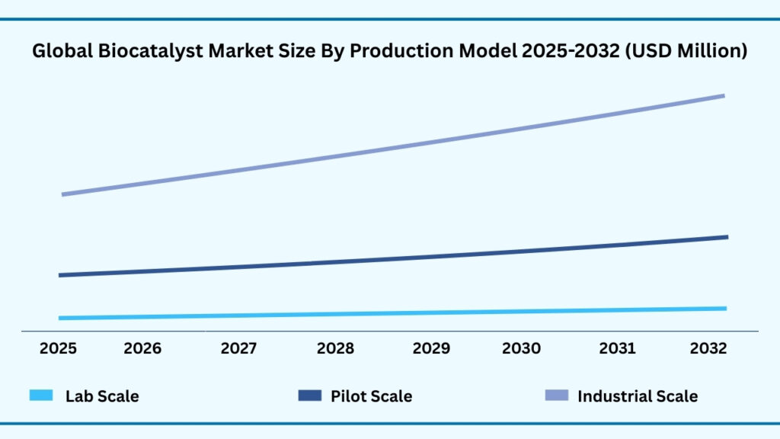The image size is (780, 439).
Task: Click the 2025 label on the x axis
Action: [58, 348]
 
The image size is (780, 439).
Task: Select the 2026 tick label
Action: [142, 348]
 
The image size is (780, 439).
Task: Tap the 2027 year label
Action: [239, 348]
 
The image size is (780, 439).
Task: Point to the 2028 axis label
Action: [335, 348]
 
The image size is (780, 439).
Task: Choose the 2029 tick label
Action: [431, 348]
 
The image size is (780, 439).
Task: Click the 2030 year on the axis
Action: [521, 348]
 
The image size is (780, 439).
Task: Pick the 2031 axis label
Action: [617, 348]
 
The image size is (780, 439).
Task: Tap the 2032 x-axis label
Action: [708, 348]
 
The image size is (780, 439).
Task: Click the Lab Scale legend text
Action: [102, 396]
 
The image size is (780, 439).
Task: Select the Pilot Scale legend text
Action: [371, 396]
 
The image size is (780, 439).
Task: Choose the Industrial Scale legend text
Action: [638, 396]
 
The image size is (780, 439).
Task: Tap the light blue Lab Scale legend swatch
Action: [41, 396]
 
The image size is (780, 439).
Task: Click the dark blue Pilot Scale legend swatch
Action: [310, 396]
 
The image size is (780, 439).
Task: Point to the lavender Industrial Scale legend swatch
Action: [557, 396]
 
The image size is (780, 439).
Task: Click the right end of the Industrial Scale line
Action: [723, 96]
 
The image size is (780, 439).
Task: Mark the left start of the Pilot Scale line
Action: [60, 275]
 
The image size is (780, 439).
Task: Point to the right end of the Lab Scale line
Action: [724, 309]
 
